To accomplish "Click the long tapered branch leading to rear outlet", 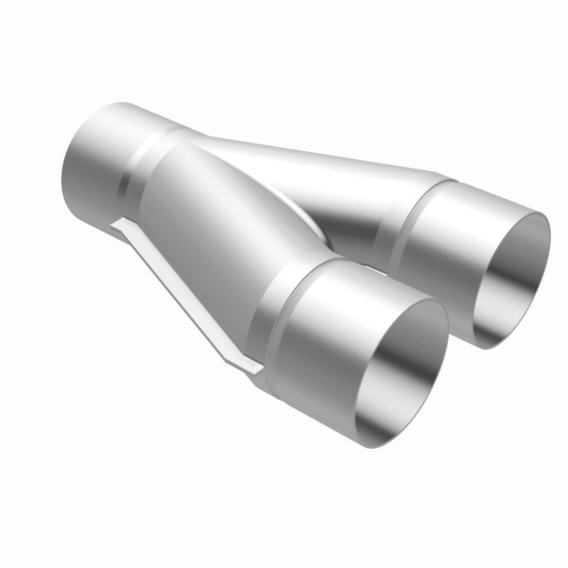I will [x=319, y=177].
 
